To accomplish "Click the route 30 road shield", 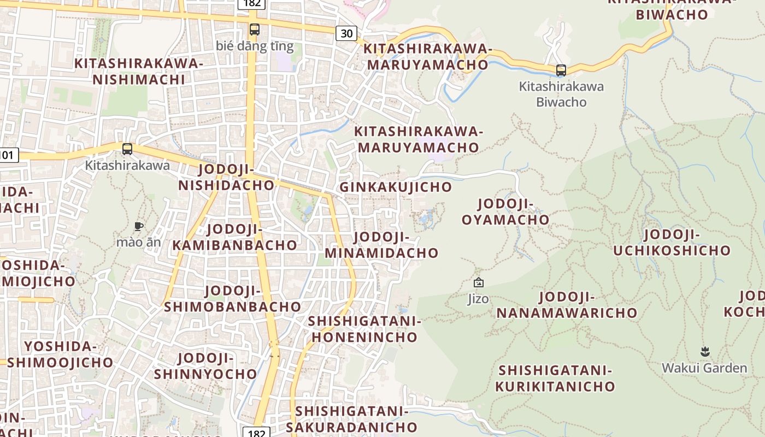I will click(x=346, y=33).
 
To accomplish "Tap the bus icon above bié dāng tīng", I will click(x=255, y=29).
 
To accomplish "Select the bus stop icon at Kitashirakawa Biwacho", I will click(x=561, y=70).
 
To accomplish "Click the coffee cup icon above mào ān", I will click(x=139, y=226).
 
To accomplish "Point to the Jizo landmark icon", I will click(x=479, y=282).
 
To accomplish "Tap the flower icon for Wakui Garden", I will click(x=705, y=351).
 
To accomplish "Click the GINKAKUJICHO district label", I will click(x=396, y=187).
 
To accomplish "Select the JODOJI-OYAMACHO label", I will click(x=505, y=212).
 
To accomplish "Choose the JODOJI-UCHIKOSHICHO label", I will click(x=672, y=243).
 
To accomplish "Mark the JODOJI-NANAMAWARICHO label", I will click(x=567, y=305).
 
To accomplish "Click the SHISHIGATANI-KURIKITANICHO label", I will click(x=555, y=379).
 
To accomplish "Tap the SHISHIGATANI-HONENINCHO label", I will click(x=364, y=329).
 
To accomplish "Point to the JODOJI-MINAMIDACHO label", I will click(x=381, y=245).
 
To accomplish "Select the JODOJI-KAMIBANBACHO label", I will click(x=235, y=237).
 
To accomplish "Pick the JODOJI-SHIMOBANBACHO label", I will click(x=233, y=299).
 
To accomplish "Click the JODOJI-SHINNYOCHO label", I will click(x=205, y=366).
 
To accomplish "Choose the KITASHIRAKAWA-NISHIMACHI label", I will click(x=139, y=72).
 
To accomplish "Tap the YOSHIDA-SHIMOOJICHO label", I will click(x=60, y=354).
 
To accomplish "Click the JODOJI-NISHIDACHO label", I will click(x=226, y=178).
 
